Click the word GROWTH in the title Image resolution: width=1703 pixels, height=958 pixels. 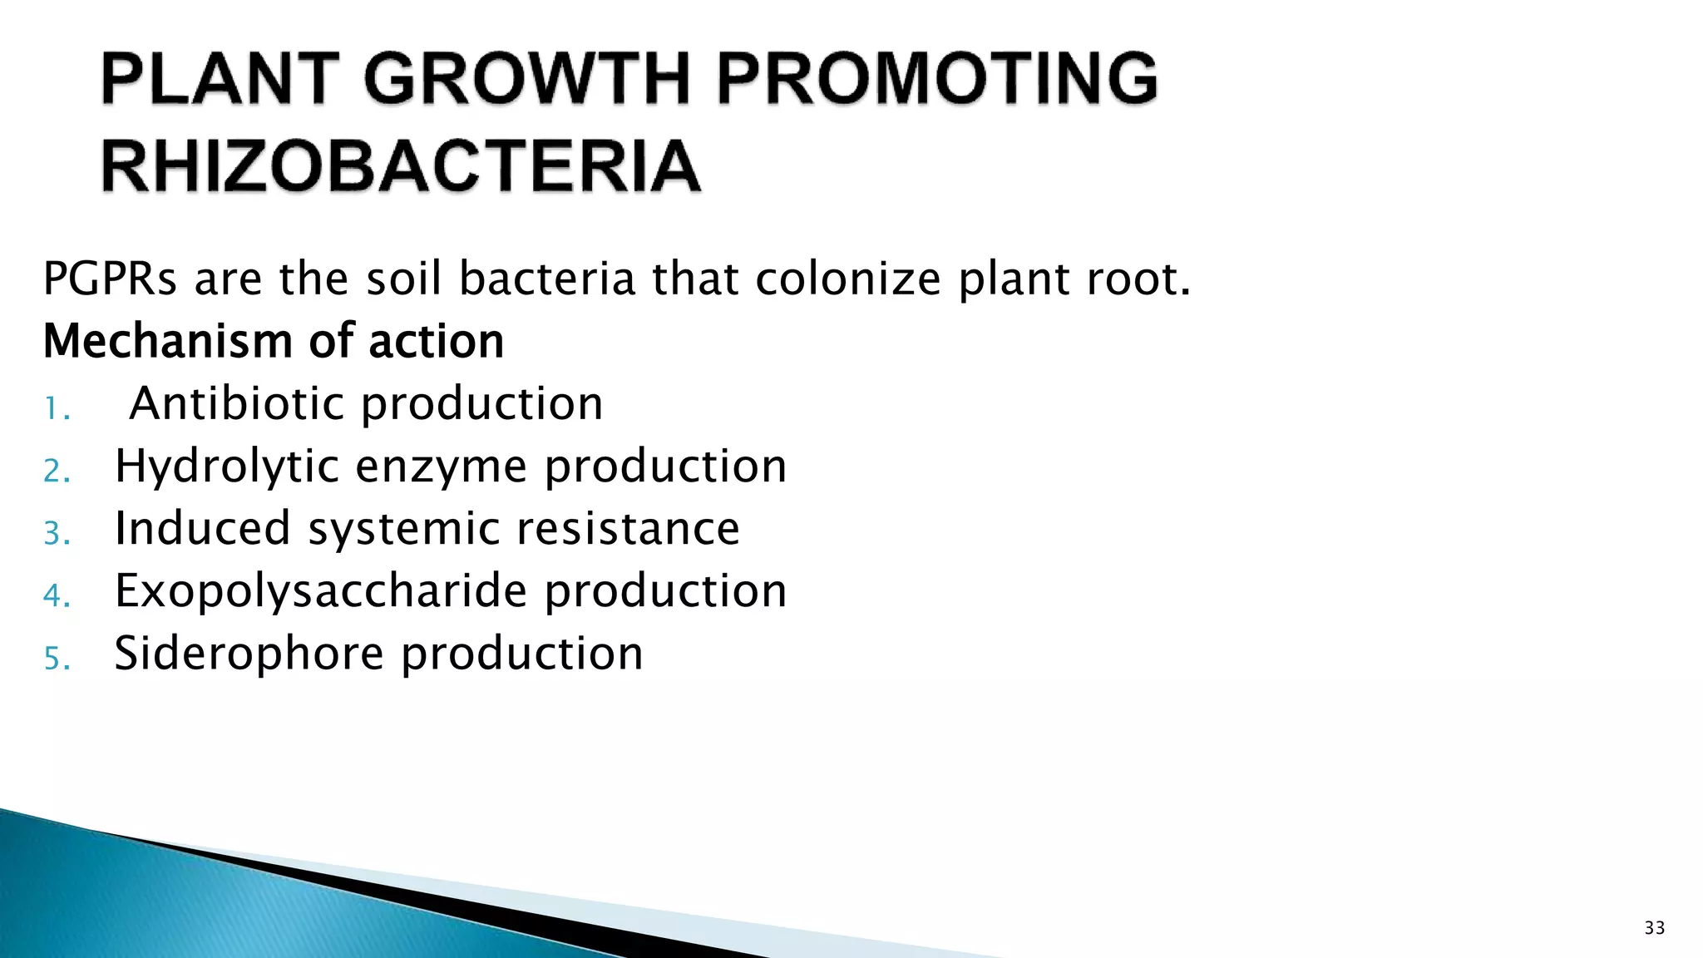pyautogui.click(x=526, y=79)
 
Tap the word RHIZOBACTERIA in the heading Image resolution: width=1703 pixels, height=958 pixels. pyautogui.click(x=401, y=166)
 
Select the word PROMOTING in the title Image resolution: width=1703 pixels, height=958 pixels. pyautogui.click(x=936, y=79)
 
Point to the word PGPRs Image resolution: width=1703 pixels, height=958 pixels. pyautogui.click(x=110, y=279)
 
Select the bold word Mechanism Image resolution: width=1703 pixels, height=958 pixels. pyautogui.click(x=158, y=342)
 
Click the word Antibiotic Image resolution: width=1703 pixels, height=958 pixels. pyautogui.click(x=237, y=403)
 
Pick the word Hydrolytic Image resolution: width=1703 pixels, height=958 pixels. pyautogui.click(x=226, y=467)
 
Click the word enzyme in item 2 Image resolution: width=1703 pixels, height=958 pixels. pyautogui.click(x=441, y=467)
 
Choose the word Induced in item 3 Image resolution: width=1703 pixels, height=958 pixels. pyautogui.click(x=202, y=529)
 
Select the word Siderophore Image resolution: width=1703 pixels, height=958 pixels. pyautogui.click(x=249, y=654)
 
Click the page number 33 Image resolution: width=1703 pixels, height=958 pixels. pyautogui.click(x=1654, y=928)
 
